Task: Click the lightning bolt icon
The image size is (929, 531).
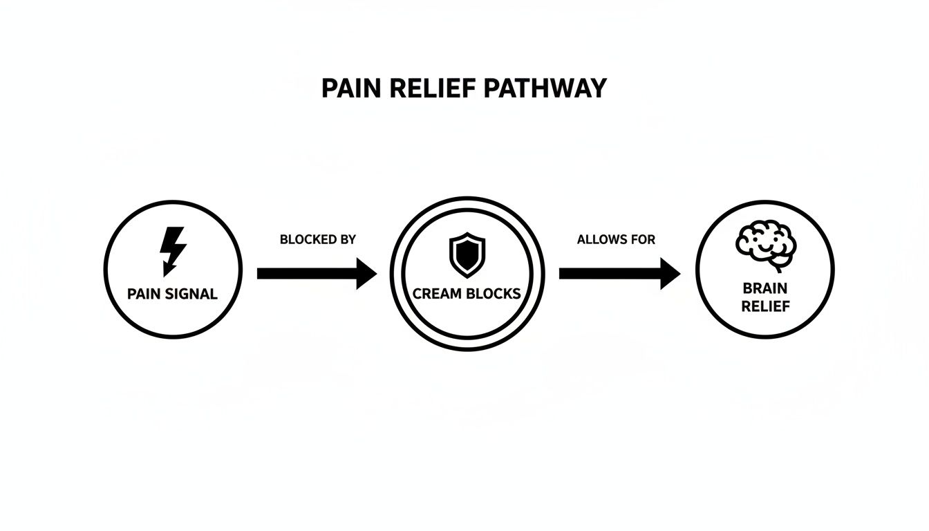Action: click(172, 251)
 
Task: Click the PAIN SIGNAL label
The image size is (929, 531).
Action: click(173, 294)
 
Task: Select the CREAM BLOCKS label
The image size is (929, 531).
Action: click(467, 294)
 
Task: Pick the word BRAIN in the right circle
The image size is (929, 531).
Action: click(765, 288)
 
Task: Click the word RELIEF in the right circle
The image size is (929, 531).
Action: click(765, 306)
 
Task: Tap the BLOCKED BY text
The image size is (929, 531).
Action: click(317, 240)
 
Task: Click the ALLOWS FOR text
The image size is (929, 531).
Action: click(616, 240)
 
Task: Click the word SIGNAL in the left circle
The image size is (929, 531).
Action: click(190, 294)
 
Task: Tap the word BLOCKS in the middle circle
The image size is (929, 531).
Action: click(492, 294)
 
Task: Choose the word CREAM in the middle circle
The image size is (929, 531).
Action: click(436, 294)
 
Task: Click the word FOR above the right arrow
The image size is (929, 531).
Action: click(641, 240)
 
